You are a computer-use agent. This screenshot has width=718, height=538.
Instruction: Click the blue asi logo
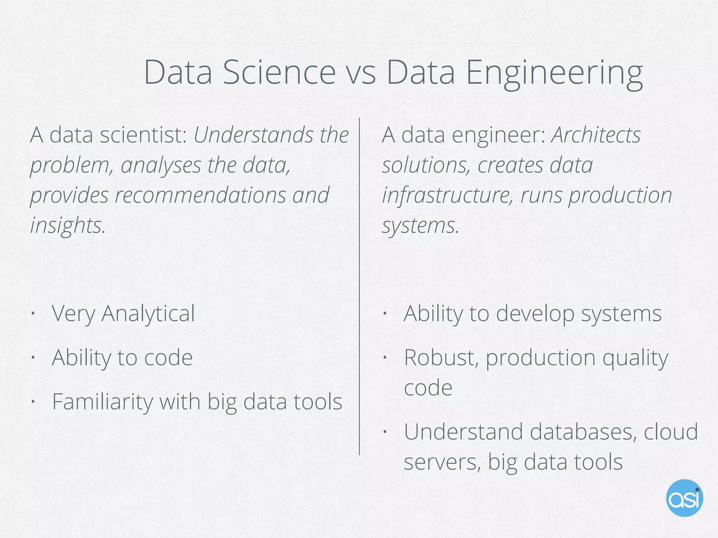(x=684, y=498)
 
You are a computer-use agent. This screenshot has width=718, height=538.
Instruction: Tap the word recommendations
(x=200, y=195)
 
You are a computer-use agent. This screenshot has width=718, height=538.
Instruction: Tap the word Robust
(x=441, y=358)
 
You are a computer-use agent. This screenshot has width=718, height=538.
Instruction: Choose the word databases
(x=583, y=432)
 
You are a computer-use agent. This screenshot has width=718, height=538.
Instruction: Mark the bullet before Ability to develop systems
(x=385, y=313)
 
